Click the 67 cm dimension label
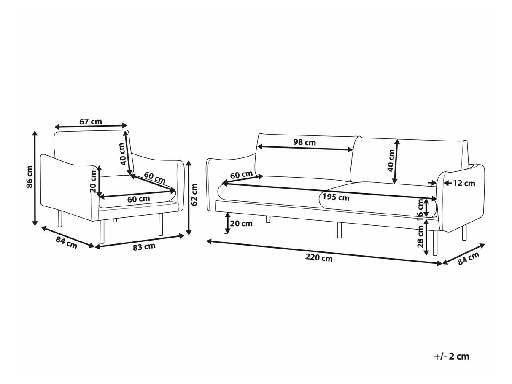point(90,122)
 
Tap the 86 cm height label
point(30,177)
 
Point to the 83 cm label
point(144,246)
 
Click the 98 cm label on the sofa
point(305,142)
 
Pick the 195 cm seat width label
point(336,197)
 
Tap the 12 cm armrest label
point(464,183)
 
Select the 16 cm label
point(420,208)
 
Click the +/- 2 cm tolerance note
point(451,357)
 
